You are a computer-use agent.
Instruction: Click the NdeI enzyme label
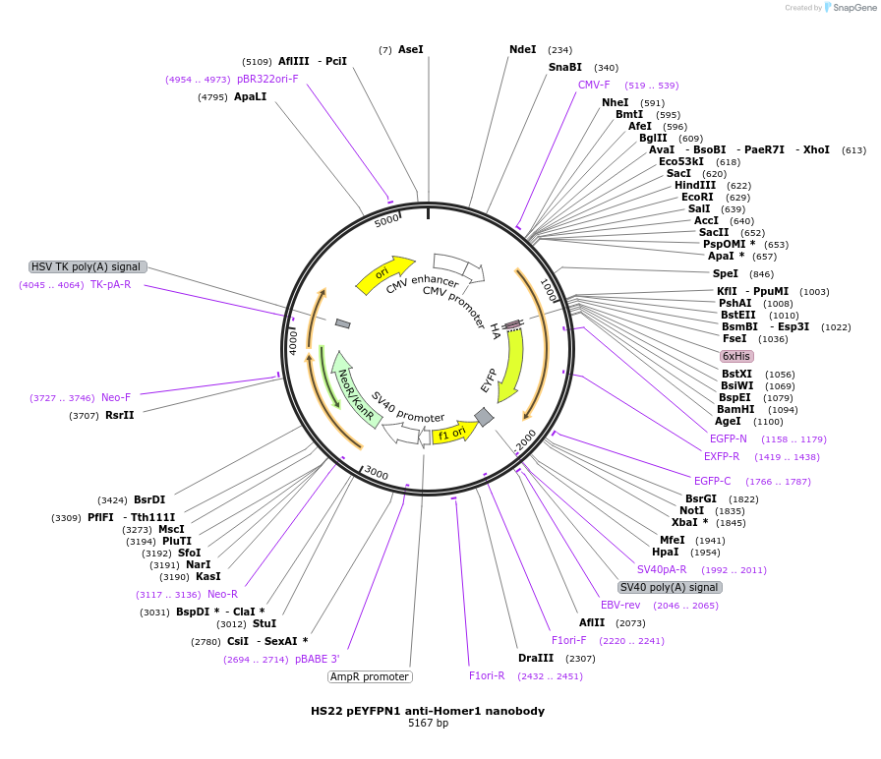pyautogui.click(x=523, y=49)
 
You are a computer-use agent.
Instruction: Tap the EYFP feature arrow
pyautogui.click(x=510, y=364)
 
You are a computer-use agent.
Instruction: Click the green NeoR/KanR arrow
pyautogui.click(x=355, y=388)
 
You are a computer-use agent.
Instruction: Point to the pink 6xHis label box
pyautogui.click(x=736, y=356)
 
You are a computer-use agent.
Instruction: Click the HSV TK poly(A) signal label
pyautogui.click(x=88, y=266)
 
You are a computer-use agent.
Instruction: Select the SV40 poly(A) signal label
pyautogui.click(x=670, y=587)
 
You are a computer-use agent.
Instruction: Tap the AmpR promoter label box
pyautogui.click(x=370, y=676)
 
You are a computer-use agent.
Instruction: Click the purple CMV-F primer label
pyautogui.click(x=594, y=85)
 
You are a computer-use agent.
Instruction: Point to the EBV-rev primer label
pyautogui.click(x=620, y=605)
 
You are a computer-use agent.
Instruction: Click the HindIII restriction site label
pyautogui.click(x=695, y=185)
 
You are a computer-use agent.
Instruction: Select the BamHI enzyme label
pyautogui.click(x=735, y=409)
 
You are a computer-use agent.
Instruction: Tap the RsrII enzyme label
pyautogui.click(x=120, y=415)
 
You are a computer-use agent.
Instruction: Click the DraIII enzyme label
pyautogui.click(x=536, y=658)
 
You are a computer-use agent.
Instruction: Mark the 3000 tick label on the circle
pyautogui.click(x=376, y=473)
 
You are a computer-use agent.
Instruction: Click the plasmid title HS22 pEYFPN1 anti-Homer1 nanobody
pyautogui.click(x=428, y=710)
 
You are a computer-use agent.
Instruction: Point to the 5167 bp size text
pyautogui.click(x=428, y=724)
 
